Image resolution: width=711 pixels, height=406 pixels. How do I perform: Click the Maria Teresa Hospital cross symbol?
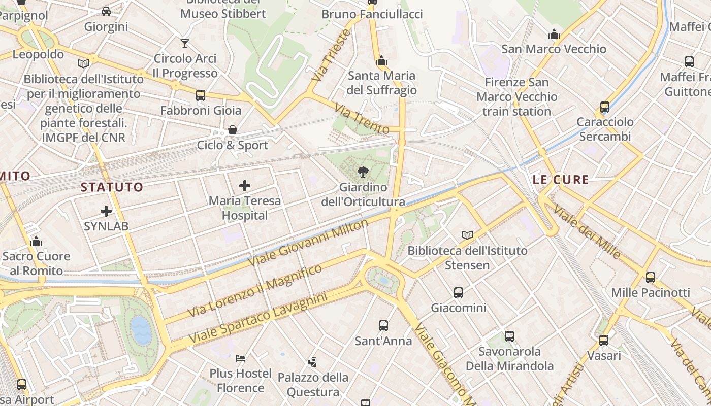245,186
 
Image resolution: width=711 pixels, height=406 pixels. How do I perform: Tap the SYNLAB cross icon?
106,211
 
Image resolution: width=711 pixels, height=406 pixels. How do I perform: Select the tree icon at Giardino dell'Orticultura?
363,172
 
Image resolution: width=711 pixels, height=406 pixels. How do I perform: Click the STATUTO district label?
112,187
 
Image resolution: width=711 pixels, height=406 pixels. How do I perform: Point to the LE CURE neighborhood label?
561,180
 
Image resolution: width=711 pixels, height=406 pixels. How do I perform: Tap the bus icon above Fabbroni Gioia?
201,95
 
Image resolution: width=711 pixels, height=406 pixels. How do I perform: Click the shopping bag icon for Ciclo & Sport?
233,130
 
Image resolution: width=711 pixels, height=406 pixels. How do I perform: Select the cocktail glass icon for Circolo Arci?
185,44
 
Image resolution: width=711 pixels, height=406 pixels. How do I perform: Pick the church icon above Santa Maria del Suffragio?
381,61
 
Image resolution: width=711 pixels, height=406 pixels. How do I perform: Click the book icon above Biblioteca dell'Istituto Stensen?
467,235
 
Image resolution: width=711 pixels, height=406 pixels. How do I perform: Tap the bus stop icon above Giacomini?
459,293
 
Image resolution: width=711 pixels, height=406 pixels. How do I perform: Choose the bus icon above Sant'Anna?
383,326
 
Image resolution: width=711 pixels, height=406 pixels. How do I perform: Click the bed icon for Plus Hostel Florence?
240,358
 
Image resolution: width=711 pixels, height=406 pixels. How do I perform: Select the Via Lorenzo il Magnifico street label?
255,291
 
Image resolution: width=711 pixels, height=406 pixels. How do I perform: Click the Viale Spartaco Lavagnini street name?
258,318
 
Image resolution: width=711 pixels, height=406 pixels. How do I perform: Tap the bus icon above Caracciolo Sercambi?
605,107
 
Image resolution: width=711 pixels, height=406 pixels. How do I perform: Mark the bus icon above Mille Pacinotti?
651,278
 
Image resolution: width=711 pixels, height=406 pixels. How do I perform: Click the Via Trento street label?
362,119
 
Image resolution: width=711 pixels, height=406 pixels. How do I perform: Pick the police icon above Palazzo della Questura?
313,362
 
